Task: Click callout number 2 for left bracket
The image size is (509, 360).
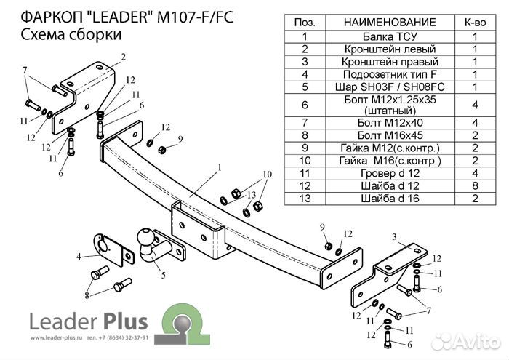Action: pos(123,57)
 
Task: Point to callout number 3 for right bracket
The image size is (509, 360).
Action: pos(393,236)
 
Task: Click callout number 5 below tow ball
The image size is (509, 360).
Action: pos(164,274)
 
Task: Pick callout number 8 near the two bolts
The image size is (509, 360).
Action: pos(87,295)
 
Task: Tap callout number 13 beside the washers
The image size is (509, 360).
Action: pos(252,195)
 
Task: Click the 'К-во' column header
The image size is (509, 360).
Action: pos(474,22)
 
